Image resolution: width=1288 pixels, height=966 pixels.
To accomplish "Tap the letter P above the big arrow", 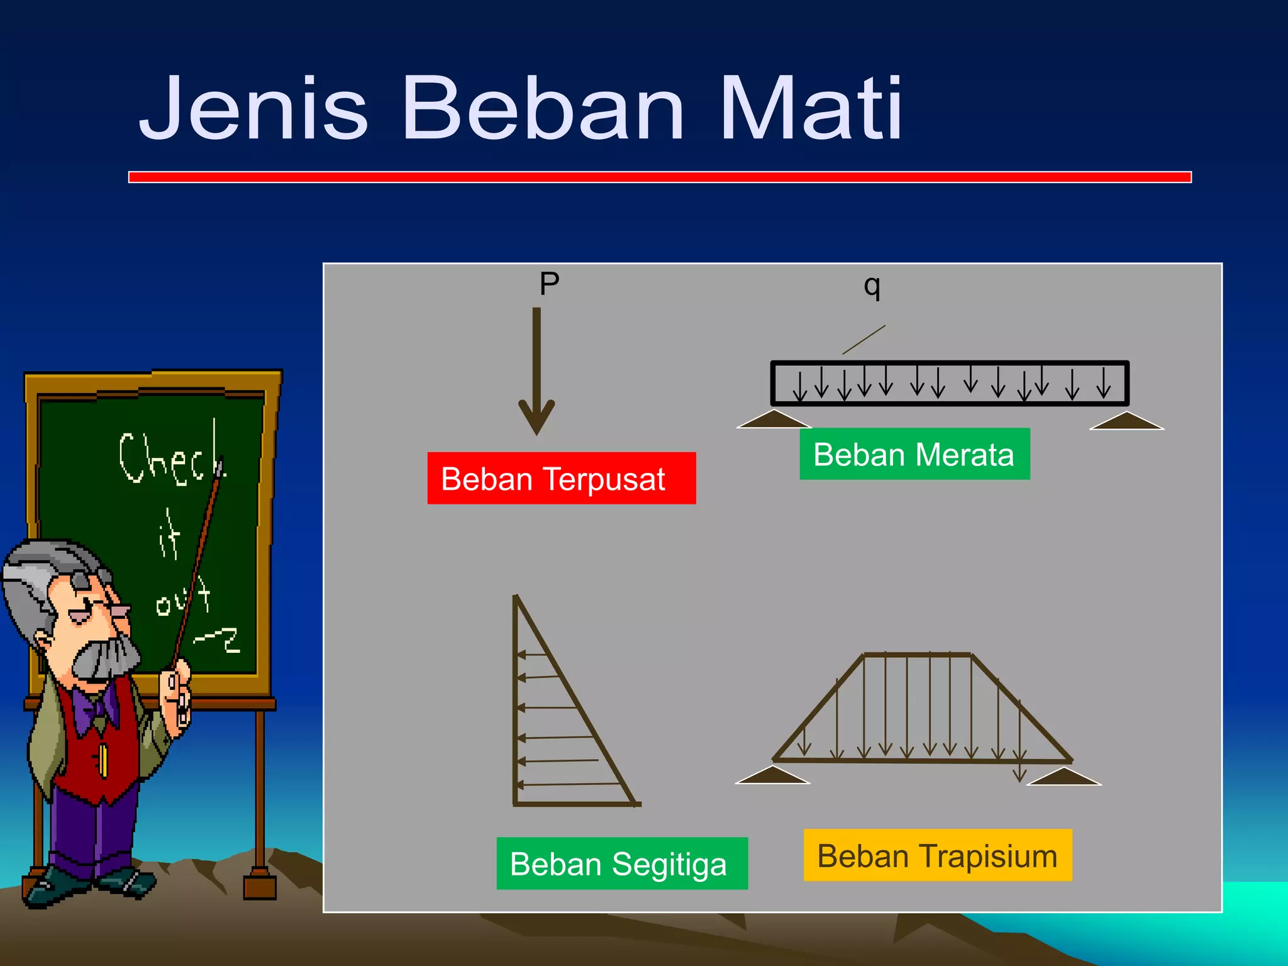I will click(549, 284).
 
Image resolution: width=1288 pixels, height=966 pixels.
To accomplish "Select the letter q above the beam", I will click(872, 286).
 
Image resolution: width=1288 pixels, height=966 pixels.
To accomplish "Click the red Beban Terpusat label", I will click(561, 479).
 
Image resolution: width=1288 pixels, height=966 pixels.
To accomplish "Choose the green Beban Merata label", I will click(914, 454).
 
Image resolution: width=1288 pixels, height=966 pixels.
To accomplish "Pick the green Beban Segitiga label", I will click(621, 863).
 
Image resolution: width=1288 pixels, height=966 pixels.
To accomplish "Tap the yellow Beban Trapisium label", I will click(937, 855).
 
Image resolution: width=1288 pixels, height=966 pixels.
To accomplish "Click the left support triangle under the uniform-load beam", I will click(774, 420).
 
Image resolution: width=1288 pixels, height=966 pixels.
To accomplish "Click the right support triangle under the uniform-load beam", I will click(1126, 421).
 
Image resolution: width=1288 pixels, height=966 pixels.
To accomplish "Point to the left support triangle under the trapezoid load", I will click(772, 775).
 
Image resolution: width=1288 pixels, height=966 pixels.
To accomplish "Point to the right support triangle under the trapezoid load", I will click(1063, 777).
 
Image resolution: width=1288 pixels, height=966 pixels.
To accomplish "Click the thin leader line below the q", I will click(864, 340).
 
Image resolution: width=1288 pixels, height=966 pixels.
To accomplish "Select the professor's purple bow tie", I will click(94, 708).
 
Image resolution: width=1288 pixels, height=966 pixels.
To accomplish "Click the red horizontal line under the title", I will click(659, 177).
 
